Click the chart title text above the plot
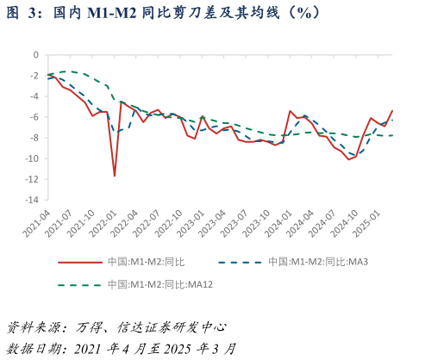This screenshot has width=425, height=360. [164, 13]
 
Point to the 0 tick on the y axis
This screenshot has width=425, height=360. [35, 54]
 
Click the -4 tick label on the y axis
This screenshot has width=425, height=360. [34, 96]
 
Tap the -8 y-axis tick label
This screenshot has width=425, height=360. [34, 138]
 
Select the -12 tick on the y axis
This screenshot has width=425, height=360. [31, 179]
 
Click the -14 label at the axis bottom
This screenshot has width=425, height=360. [31, 200]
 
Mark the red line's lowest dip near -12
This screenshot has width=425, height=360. [115, 176]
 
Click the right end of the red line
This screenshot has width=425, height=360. [392, 110]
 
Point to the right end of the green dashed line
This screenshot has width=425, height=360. [392, 135]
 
